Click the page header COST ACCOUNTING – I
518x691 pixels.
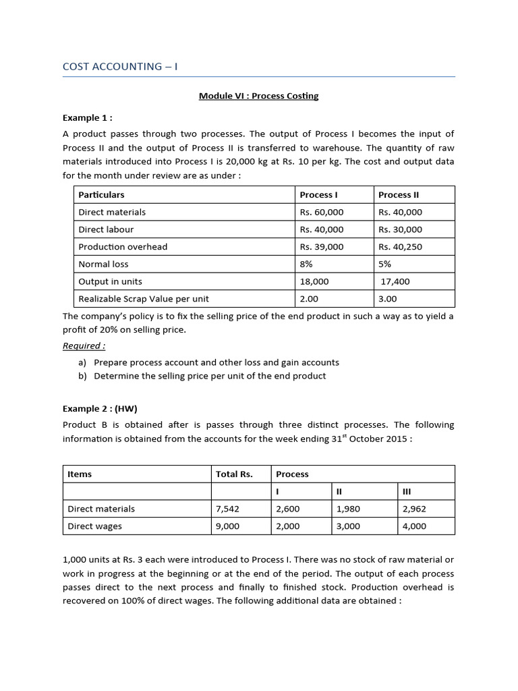coord(120,66)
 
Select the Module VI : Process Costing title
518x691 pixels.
coord(258,96)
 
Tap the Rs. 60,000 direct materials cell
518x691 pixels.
coord(322,212)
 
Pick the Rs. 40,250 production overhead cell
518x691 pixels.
coord(400,246)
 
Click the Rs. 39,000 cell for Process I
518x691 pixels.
coord(322,246)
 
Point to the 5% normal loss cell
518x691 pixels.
coord(384,264)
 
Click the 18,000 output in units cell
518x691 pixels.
coord(314,281)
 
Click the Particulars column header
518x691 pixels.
coord(101,194)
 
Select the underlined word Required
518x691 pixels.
coord(84,345)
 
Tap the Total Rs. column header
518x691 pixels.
coord(234,474)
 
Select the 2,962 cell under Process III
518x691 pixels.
coord(414,509)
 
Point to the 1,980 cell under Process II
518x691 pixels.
coord(348,509)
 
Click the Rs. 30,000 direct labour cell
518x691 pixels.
coord(400,229)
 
